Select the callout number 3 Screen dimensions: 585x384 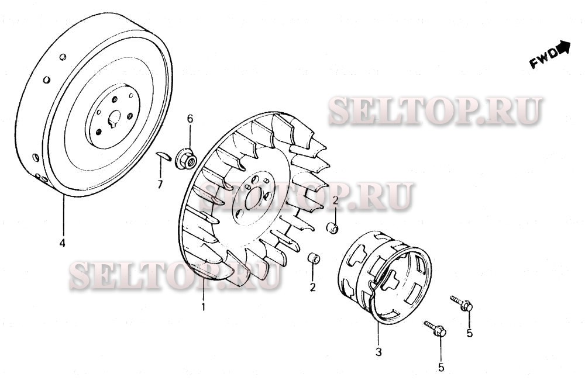(378, 352)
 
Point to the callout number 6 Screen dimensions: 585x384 (190, 119)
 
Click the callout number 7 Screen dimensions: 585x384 (160, 184)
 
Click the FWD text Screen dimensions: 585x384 (544, 58)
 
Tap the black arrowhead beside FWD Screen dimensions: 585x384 (563, 47)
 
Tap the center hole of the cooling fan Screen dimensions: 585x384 (254, 198)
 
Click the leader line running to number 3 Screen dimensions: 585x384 (378, 334)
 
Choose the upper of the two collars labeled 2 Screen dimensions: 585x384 (332, 227)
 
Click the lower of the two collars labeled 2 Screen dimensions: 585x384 (314, 258)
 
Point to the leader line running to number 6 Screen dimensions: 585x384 (190, 137)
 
